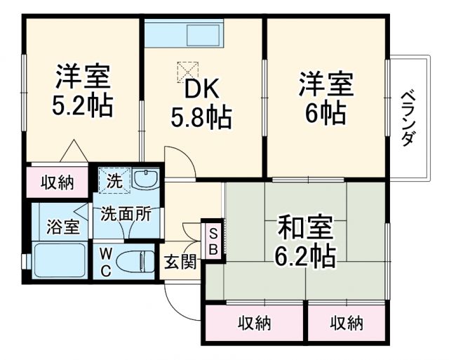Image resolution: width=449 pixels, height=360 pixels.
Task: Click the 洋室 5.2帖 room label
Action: (83, 91)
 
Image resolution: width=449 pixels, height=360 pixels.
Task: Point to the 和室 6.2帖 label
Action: (306, 241)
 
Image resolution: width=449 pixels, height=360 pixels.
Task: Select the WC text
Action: (105, 261)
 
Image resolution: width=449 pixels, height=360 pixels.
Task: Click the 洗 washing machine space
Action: (113, 180)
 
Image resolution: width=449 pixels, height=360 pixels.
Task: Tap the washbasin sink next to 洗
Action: (146, 180)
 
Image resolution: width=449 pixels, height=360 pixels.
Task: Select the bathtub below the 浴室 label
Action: (60, 261)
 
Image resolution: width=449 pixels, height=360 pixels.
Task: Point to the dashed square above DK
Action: (188, 71)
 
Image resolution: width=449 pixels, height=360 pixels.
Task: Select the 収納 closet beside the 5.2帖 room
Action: (58, 182)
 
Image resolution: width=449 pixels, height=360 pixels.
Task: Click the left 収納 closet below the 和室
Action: (254, 324)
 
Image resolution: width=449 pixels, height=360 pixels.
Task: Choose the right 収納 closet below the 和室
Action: (347, 324)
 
